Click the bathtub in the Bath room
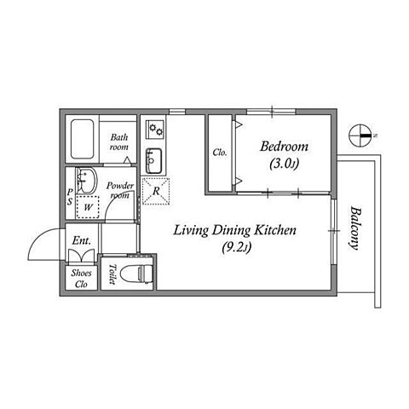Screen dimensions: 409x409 coord(82,139)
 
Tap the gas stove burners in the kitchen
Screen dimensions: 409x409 coord(155,130)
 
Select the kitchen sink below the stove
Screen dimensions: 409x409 coord(154,161)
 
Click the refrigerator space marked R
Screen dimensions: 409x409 coord(156,191)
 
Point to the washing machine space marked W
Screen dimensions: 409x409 coord(88,207)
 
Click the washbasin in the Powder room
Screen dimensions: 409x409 coord(87,181)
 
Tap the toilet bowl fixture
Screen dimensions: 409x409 coord(137,274)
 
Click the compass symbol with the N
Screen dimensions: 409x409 coord(360,135)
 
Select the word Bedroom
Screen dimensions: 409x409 coord(285,147)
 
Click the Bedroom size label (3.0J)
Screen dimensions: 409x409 coord(285,164)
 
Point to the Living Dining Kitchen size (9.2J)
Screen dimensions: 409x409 coord(237,247)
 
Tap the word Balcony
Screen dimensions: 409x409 coord(355,228)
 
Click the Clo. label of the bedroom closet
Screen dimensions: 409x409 coord(220,153)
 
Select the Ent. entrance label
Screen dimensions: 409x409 coord(82,240)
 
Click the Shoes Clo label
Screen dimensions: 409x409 coord(81,279)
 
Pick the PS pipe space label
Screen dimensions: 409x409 coord(70,197)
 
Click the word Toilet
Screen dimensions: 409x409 coord(112,274)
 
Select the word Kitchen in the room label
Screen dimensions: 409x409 coord(275,230)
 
